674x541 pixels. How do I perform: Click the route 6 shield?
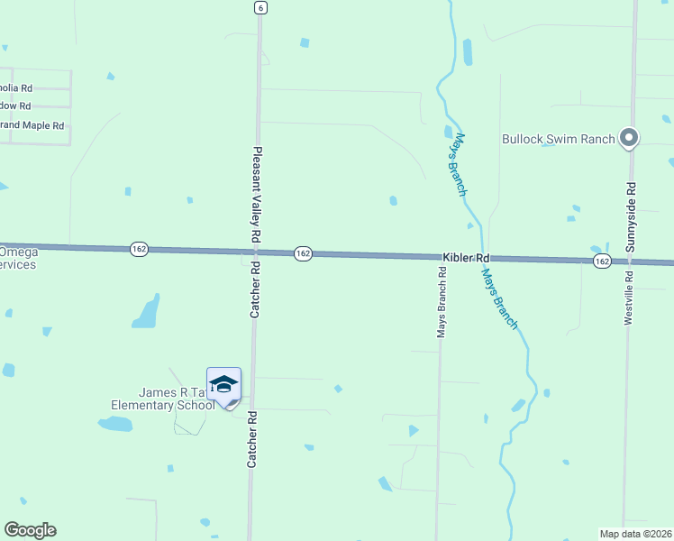[260, 7]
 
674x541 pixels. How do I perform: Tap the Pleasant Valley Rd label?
[257, 194]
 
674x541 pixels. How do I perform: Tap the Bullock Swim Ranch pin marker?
[630, 138]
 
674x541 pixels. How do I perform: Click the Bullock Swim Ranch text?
[559, 139]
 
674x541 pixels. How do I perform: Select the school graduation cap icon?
[223, 385]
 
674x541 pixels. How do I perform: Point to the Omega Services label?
[18, 258]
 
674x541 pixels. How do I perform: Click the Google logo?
[30, 530]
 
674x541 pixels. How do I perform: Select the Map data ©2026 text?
[636, 533]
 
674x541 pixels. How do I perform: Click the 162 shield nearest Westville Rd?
[603, 261]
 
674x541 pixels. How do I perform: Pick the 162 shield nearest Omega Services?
[138, 249]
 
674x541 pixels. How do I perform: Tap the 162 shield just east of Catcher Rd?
[303, 254]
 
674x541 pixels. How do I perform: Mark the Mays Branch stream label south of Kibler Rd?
[500, 298]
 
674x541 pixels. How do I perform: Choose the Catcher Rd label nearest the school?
[253, 440]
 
